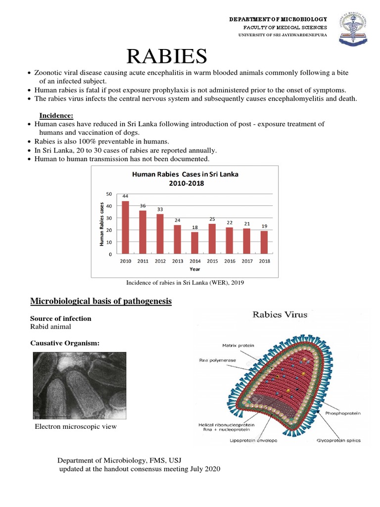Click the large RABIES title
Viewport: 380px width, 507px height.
166,56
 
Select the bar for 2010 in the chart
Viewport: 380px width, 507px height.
126,227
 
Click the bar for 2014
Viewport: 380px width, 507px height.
195,243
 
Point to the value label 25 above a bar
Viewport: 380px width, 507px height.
212,219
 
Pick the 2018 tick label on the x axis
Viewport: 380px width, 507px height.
264,261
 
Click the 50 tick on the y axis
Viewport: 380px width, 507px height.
109,194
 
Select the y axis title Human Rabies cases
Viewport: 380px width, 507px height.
101,224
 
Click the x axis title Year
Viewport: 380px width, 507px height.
195,269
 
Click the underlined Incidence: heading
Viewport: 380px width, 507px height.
56,115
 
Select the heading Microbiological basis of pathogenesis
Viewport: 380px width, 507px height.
101,301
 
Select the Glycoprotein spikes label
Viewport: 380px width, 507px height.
339,440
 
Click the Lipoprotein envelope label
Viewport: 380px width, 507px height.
253,440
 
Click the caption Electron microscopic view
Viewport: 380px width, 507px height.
76,426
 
